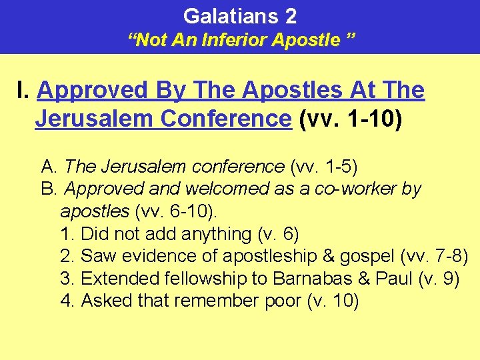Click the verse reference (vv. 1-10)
click(x=351, y=119)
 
